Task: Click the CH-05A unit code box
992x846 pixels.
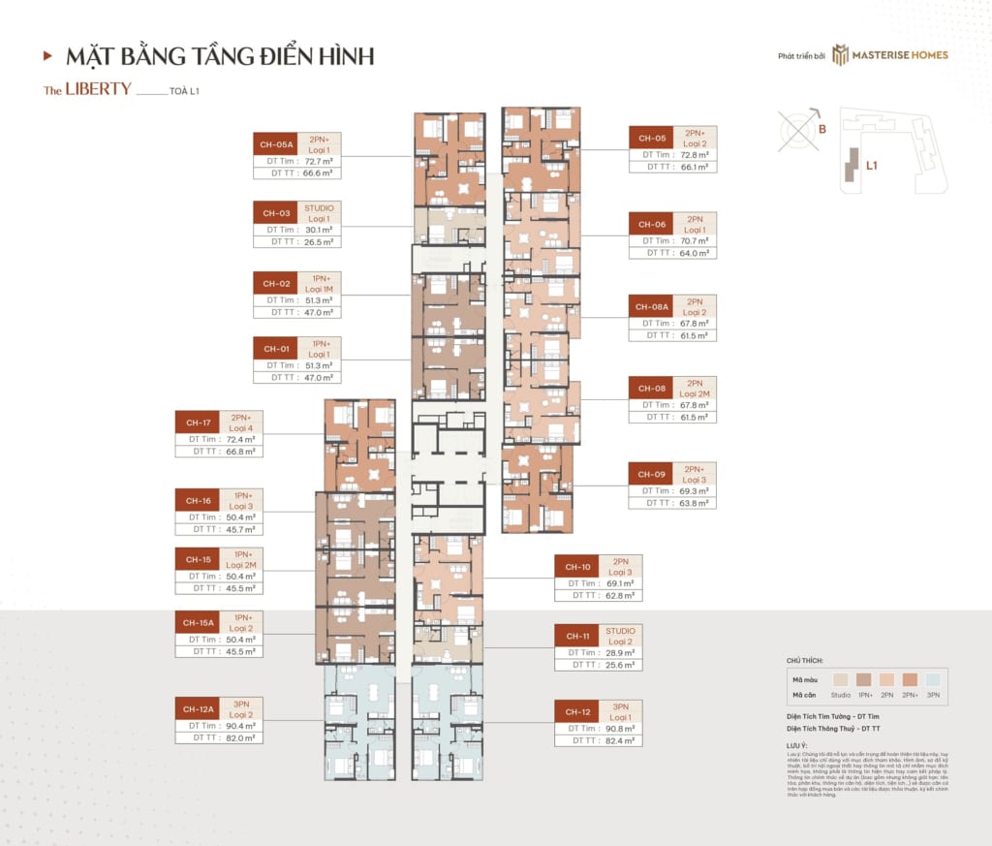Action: click(275, 144)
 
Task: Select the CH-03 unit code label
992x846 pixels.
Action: click(275, 212)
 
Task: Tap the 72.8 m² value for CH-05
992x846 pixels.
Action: click(697, 154)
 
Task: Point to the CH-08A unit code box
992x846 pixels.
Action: click(652, 307)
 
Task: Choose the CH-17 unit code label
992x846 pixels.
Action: click(198, 423)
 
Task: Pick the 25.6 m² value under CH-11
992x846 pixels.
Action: click(622, 665)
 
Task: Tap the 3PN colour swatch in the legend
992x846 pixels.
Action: click(934, 680)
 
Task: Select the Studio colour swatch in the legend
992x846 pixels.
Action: click(841, 680)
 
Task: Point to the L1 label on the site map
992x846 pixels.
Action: click(872, 166)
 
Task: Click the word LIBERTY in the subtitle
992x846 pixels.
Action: click(98, 89)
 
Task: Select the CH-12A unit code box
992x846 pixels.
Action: click(198, 710)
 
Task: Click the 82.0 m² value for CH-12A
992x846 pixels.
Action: click(241, 737)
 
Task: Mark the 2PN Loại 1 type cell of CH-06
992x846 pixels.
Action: click(695, 224)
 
